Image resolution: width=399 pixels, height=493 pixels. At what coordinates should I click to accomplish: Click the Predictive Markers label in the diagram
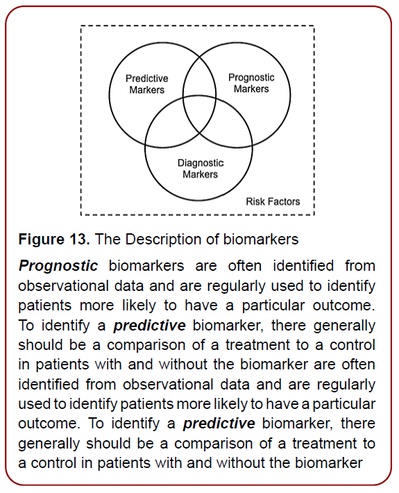click(x=146, y=84)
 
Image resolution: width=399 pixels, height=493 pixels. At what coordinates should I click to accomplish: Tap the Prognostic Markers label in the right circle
click(x=251, y=83)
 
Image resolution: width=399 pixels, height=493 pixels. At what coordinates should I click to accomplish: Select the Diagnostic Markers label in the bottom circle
click(x=200, y=168)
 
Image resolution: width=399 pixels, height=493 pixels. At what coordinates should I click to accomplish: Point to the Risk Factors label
click(x=273, y=201)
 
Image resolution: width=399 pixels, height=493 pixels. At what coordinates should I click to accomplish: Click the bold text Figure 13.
click(x=53, y=240)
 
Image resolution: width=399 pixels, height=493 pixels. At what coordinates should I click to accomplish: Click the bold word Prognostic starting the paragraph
click(x=58, y=266)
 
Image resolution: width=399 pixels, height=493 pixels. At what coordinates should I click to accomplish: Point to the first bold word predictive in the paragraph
click(x=149, y=326)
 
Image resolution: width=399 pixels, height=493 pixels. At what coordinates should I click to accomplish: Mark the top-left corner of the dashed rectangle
click(x=82, y=26)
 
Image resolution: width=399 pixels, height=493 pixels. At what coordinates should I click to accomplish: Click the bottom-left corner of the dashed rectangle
click(x=82, y=214)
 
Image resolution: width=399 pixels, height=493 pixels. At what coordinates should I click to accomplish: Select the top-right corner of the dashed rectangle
click(x=314, y=26)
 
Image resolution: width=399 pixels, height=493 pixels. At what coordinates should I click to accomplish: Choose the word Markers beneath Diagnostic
click(x=200, y=174)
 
